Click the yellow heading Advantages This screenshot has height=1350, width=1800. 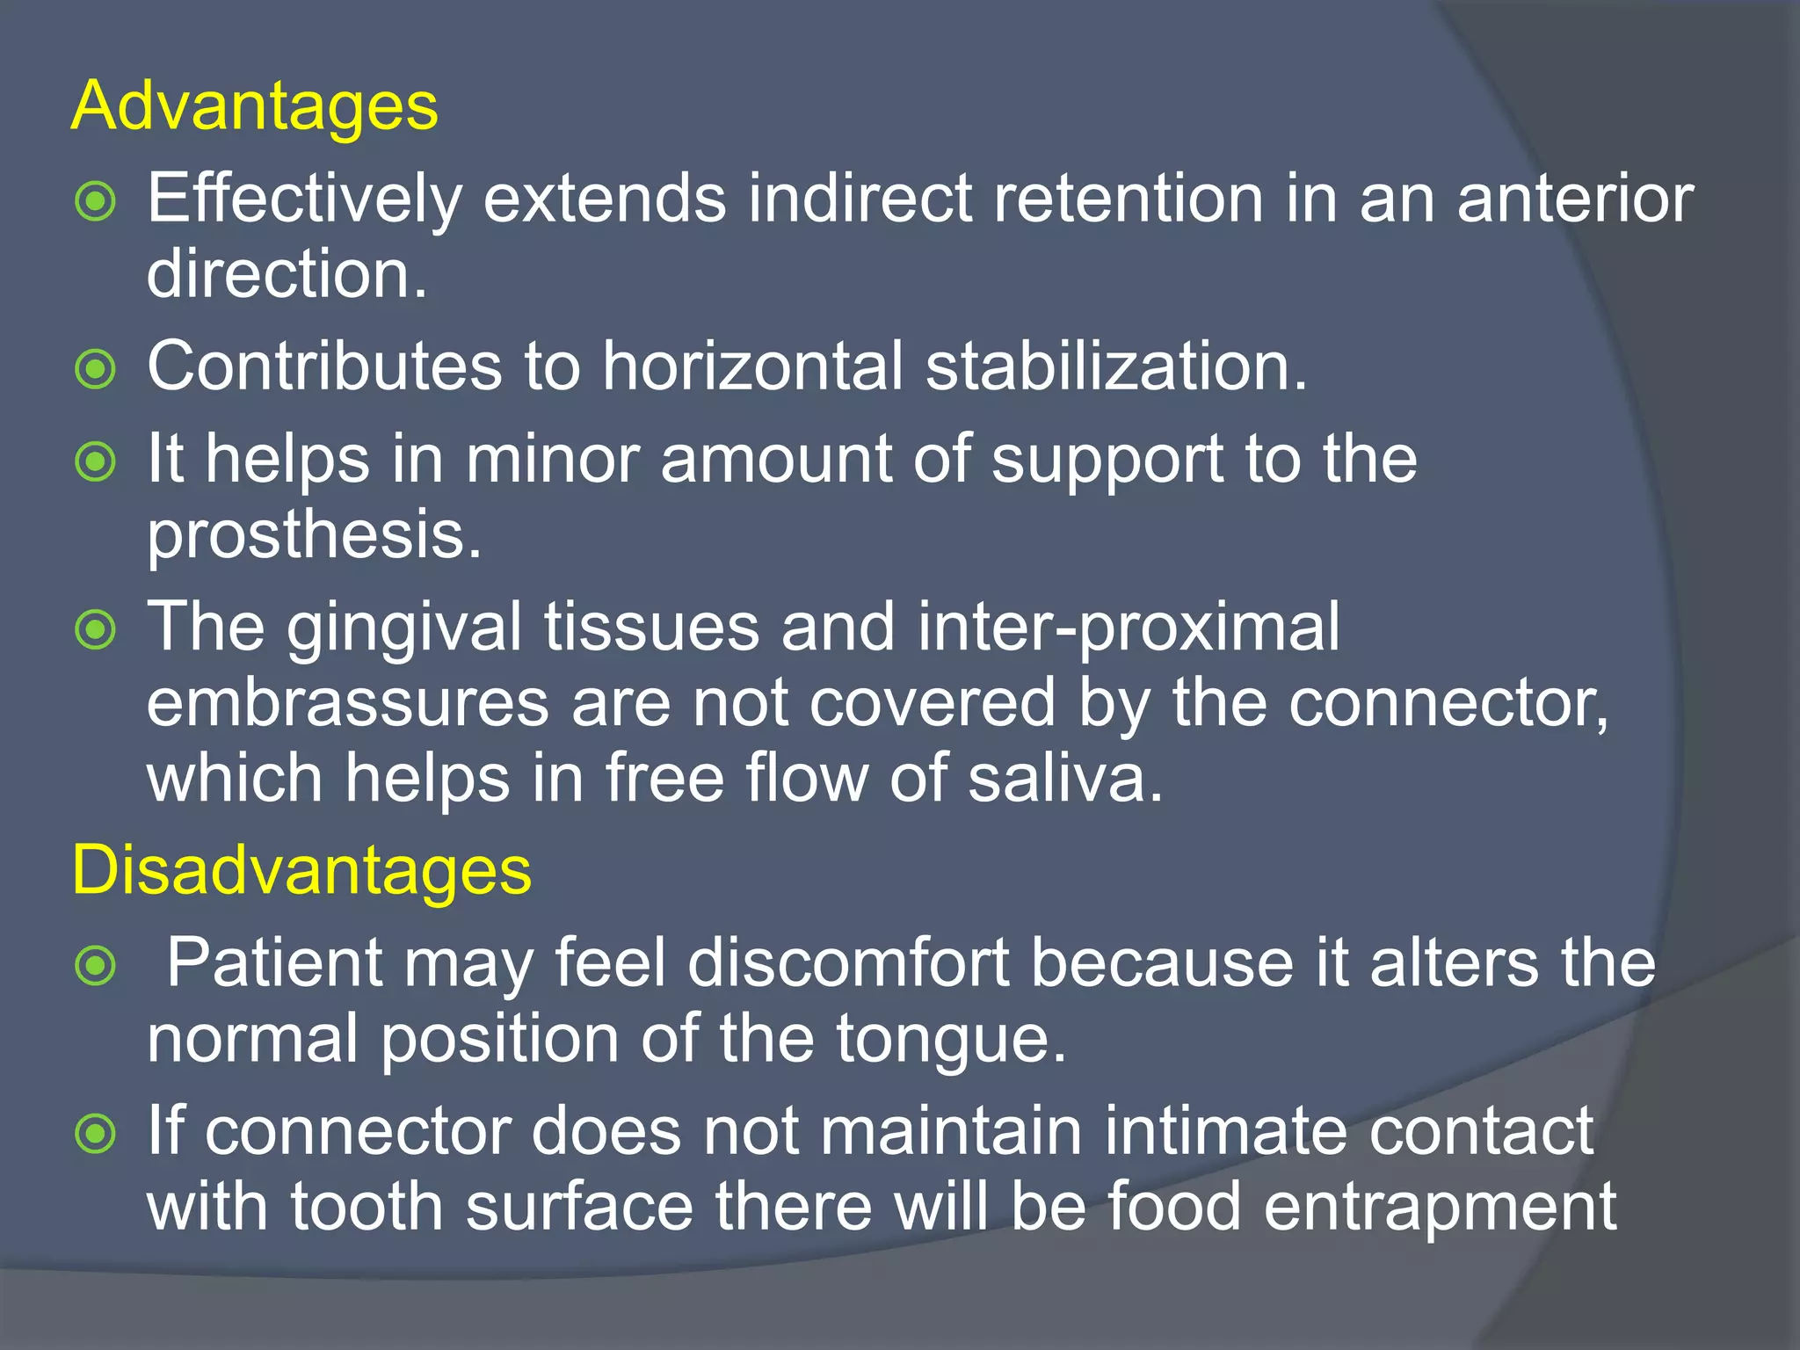254,106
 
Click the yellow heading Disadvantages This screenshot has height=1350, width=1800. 301,870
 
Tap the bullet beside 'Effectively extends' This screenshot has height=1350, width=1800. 95,201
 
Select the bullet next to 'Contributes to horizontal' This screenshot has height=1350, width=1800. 95,369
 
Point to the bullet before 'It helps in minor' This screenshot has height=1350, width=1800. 95,461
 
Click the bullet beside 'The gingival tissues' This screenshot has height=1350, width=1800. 95,629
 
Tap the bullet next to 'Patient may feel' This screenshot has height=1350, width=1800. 95,966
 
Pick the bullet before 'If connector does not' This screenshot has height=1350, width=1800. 95,1134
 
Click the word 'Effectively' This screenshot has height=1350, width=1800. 304,199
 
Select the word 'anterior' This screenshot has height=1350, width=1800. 1575,199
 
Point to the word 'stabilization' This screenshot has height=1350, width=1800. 1116,366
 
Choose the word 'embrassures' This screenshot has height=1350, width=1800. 348,703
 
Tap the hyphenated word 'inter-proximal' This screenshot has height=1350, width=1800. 1129,628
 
